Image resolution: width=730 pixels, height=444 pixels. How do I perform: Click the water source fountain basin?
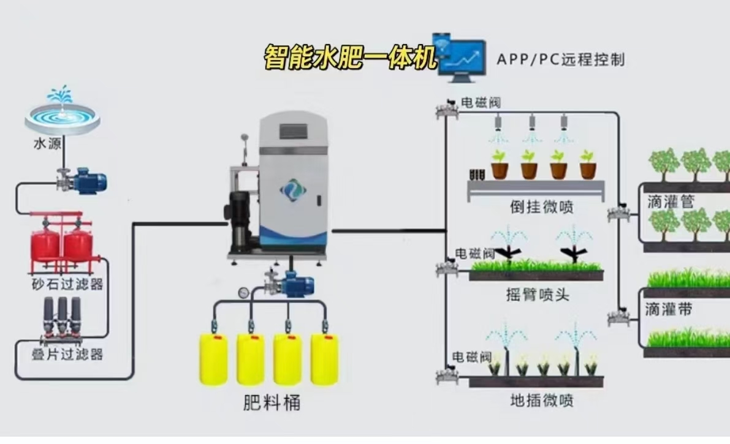click(62, 116)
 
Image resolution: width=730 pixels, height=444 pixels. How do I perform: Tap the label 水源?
click(47, 144)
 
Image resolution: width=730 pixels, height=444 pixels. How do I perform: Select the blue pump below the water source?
click(87, 181)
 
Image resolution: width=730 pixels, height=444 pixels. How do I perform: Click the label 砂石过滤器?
click(67, 284)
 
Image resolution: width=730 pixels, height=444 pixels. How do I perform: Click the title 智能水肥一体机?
click(350, 58)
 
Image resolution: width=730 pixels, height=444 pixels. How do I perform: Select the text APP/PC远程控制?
click(560, 59)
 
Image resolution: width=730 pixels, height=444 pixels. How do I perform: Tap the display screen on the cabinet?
click(292, 132)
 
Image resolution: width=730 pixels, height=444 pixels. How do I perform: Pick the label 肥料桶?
click(272, 403)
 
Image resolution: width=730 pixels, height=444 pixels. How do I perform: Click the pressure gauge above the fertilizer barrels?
click(245, 293)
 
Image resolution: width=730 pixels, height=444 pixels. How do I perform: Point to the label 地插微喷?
click(541, 401)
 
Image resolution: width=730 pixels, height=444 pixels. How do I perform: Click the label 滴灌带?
click(668, 310)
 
